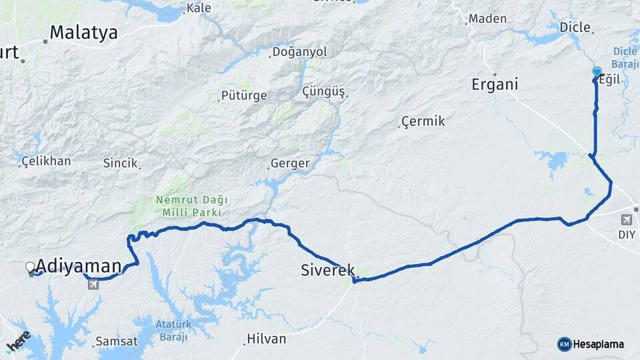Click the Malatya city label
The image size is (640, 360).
tap(83, 32)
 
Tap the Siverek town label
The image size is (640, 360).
tap(327, 270)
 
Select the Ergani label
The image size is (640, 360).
tap(495, 85)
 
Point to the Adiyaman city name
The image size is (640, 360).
tap(80, 266)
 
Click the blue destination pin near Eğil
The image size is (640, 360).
tap(597, 72)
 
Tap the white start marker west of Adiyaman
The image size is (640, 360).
tap(30, 267)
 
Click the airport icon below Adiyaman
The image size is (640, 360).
tap(92, 285)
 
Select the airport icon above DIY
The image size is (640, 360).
tap(627, 219)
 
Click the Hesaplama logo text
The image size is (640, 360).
tap(598, 344)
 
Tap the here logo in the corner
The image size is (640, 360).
tap(18, 340)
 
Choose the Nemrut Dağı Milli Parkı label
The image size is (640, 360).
tap(192, 206)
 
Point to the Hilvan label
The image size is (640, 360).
tap(266, 339)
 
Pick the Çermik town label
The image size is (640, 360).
tap(423, 121)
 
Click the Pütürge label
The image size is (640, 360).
tap(244, 95)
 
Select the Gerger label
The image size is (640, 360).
tap(290, 163)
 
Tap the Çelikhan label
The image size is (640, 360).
tap(46, 161)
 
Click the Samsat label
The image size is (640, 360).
tap(117, 341)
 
